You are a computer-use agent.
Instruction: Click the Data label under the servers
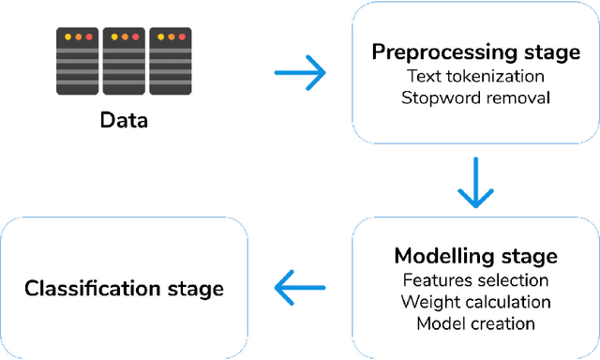126,121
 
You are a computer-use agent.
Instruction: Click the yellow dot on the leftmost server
67,37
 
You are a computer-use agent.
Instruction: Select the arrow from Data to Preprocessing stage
299,72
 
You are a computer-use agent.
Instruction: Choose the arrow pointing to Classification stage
299,287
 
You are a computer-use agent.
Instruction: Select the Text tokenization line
475,75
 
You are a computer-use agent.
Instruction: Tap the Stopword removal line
475,96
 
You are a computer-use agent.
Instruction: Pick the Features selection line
475,280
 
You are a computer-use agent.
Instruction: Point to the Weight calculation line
475,302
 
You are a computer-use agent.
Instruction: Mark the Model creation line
475,323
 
